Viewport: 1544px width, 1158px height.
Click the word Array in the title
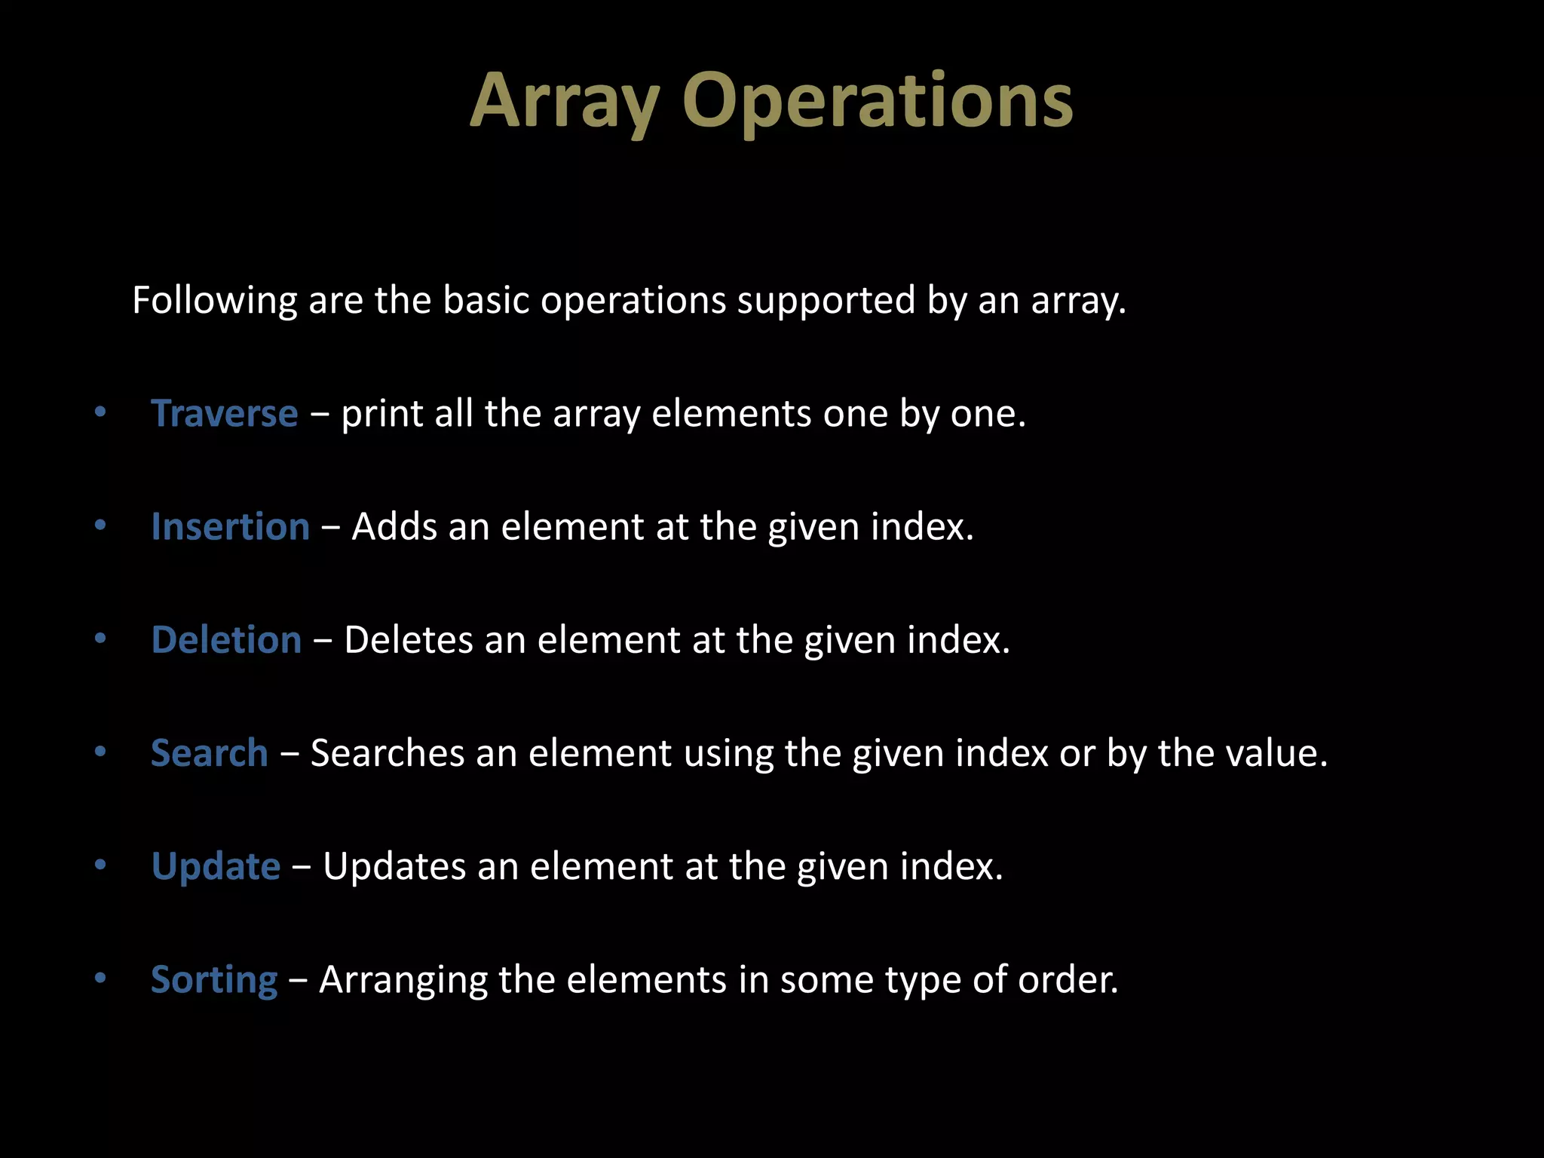pyautogui.click(x=565, y=102)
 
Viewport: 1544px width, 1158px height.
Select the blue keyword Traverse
pyautogui.click(x=224, y=414)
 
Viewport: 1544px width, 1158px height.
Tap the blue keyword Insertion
pyautogui.click(x=230, y=527)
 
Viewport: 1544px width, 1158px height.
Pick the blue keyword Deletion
pyautogui.click(x=226, y=640)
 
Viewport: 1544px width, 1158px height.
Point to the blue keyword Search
pyautogui.click(x=209, y=753)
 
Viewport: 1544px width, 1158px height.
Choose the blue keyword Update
pyautogui.click(x=216, y=866)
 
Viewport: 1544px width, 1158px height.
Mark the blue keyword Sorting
pyautogui.click(x=214, y=980)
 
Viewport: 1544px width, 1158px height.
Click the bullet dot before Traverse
pyautogui.click(x=100, y=412)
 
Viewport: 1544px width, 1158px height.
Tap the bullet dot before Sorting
pyautogui.click(x=100, y=979)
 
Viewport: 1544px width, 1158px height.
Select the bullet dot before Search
pyautogui.click(x=100, y=752)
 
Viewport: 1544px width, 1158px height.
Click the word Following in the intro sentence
pyautogui.click(x=214, y=301)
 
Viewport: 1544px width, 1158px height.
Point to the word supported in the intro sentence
pyautogui.click(x=826, y=301)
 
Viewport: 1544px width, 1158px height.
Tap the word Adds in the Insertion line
pyautogui.click(x=394, y=527)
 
